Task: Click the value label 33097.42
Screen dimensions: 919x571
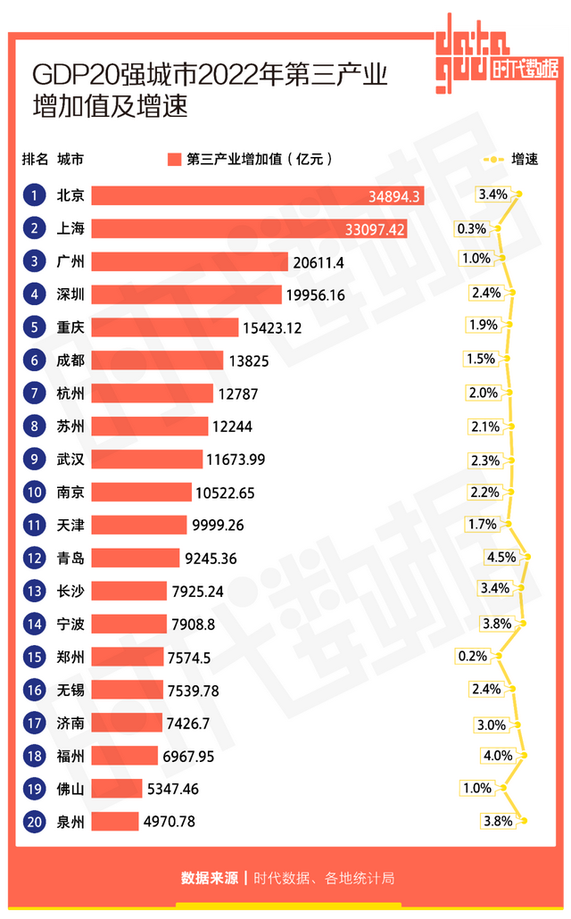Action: click(375, 229)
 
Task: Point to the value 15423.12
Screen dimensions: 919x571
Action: click(272, 327)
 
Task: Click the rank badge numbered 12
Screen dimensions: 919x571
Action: click(34, 559)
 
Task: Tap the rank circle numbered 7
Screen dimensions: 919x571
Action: click(34, 393)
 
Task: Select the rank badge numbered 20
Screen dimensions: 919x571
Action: click(34, 822)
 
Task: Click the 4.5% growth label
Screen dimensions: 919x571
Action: click(501, 557)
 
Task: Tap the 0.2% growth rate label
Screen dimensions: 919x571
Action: click(472, 656)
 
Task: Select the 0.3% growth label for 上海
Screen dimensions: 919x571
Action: click(471, 228)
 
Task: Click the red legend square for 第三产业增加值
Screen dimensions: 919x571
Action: click(174, 160)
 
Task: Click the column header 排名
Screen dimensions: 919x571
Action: click(35, 160)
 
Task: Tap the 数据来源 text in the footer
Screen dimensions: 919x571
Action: click(210, 878)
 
